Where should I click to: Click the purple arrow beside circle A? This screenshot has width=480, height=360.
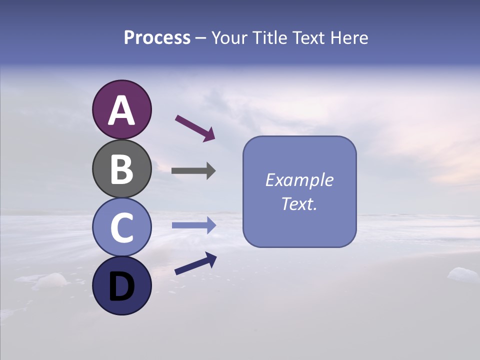[195, 127]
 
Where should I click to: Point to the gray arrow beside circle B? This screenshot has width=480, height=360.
[193, 171]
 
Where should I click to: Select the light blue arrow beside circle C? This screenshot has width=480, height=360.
[194, 225]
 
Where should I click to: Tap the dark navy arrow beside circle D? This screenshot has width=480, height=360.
[195, 263]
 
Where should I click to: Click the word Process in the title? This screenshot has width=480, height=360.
[157, 37]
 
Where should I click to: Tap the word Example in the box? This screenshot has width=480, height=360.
[299, 180]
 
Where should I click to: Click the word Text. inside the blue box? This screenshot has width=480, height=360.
[299, 203]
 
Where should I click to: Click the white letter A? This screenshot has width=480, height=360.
[121, 110]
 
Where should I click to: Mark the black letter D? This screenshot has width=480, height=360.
[121, 286]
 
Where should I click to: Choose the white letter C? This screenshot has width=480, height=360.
[121, 228]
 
